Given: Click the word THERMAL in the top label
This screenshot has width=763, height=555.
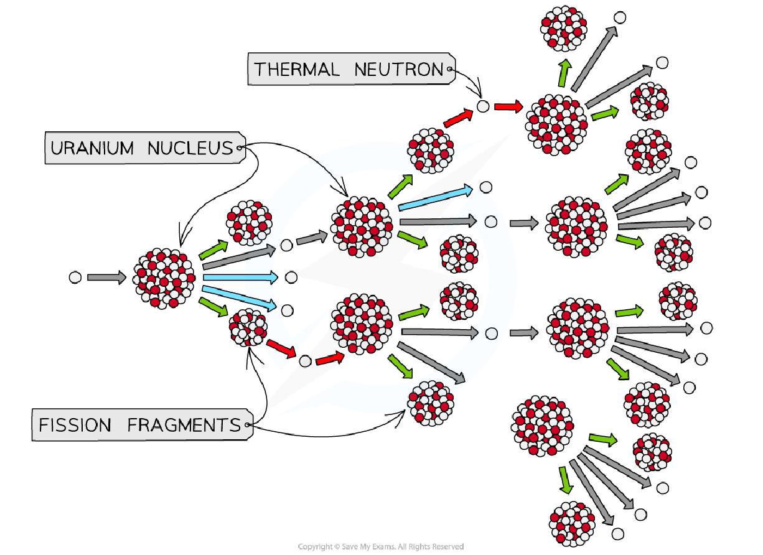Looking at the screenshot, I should tap(296, 69).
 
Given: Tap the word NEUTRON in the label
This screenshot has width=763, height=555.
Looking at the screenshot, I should tap(399, 69).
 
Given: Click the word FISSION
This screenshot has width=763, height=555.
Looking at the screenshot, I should tap(75, 426).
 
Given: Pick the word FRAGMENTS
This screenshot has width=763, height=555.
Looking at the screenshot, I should tap(184, 426).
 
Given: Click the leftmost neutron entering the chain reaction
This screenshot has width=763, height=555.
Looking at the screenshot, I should tap(75, 278).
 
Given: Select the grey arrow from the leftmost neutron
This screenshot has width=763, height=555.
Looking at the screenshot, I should tap(106, 278).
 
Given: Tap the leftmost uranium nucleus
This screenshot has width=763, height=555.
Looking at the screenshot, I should tap(164, 278).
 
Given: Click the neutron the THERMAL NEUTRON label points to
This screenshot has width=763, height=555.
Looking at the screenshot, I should tap(483, 106).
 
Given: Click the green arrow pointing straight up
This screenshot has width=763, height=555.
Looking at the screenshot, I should tap(564, 73).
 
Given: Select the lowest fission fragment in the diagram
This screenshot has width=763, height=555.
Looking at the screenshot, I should tap(573, 523).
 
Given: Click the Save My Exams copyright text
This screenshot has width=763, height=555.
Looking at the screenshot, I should tap(381, 547).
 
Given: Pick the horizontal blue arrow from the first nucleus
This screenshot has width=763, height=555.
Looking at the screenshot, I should tap(240, 277).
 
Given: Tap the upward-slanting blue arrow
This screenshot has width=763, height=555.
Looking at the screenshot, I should tap(436, 197).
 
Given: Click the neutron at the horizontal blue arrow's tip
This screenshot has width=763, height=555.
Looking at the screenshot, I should tap(289, 277).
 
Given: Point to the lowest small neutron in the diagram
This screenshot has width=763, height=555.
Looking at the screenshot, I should tap(617, 534).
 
